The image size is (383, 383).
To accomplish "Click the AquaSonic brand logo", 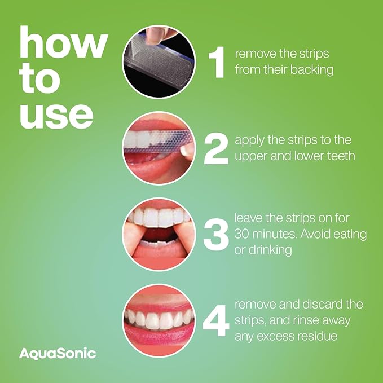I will tap(58, 354).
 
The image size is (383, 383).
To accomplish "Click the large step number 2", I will tap(216, 148).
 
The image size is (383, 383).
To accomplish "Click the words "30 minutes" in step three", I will tap(266, 234).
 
